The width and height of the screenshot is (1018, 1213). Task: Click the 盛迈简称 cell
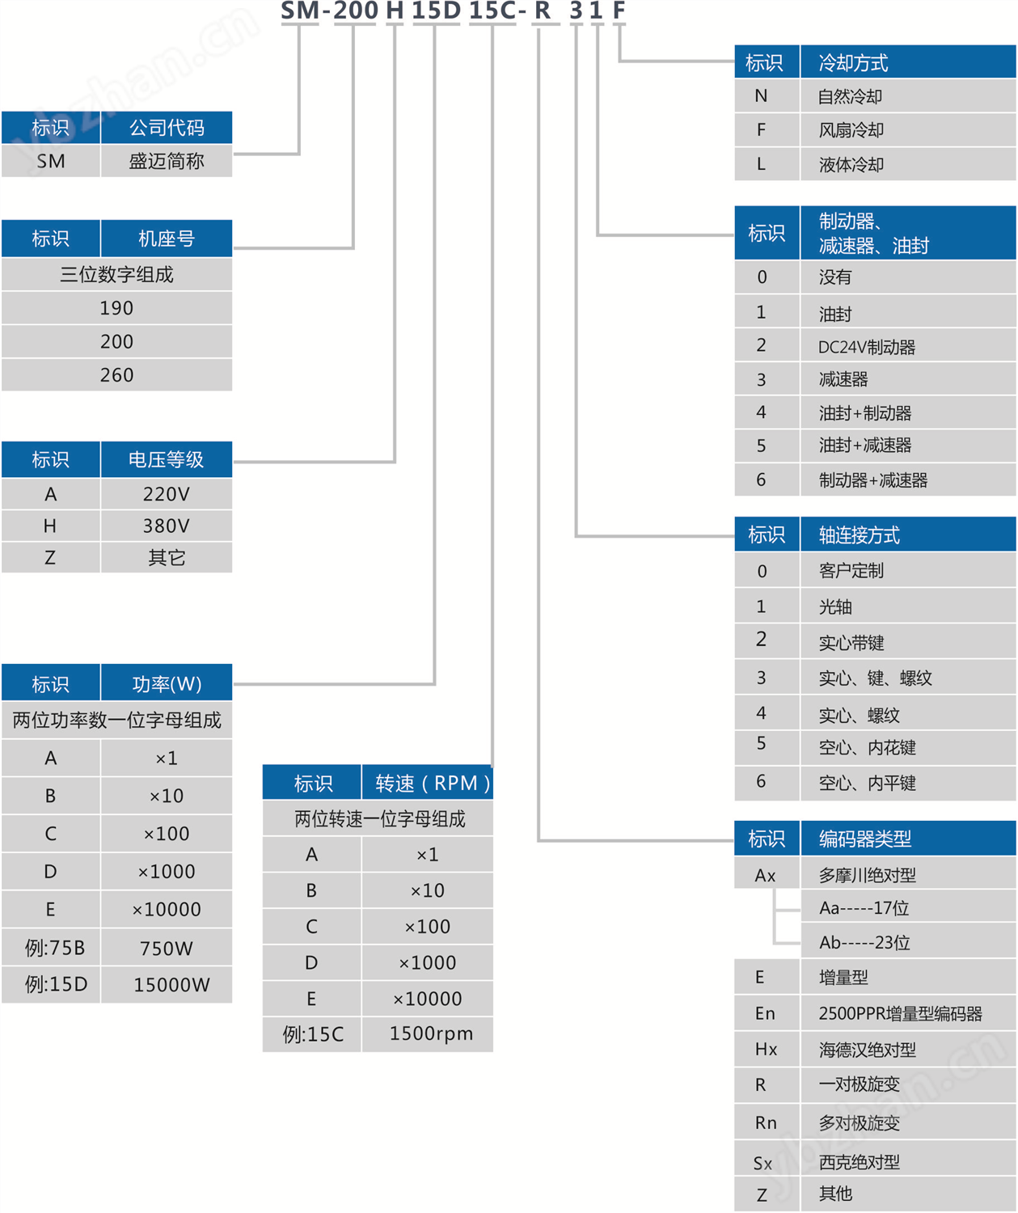[167, 161]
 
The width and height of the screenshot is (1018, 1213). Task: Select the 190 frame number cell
[116, 308]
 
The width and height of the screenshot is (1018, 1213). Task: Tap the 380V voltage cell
[167, 526]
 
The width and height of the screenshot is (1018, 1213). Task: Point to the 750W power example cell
[167, 948]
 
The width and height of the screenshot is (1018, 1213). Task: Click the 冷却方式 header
[853, 62]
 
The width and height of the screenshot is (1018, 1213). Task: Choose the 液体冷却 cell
[851, 164]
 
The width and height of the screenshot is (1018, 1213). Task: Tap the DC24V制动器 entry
[867, 347]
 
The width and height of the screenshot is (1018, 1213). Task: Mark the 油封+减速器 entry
[865, 445]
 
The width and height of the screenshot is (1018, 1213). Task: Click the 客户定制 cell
[851, 571]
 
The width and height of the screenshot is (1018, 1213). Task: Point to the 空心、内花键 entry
[868, 747]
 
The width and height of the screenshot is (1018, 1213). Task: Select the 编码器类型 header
[865, 839]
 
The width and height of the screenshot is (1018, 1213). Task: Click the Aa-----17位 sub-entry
[864, 908]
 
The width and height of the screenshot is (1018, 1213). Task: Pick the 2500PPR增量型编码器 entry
[900, 1013]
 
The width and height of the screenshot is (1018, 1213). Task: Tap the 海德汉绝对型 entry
[868, 1050]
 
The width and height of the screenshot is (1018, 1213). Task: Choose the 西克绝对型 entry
[860, 1162]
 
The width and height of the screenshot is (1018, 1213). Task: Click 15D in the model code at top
[436, 11]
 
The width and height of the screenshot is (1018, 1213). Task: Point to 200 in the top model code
[356, 11]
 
